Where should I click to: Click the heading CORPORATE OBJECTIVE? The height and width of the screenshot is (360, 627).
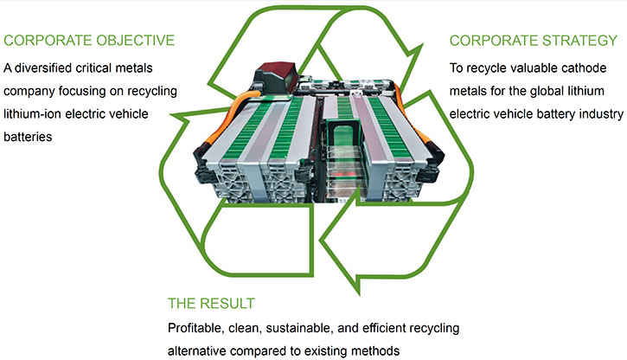click(x=89, y=41)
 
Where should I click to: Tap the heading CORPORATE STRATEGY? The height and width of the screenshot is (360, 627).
click(x=534, y=41)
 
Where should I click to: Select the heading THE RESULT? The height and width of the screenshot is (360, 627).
click(x=211, y=304)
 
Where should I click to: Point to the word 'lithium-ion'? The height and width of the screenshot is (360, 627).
click(x=32, y=114)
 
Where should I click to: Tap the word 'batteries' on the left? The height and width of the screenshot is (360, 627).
click(x=28, y=137)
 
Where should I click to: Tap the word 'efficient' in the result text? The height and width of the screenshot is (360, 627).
click(x=383, y=328)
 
